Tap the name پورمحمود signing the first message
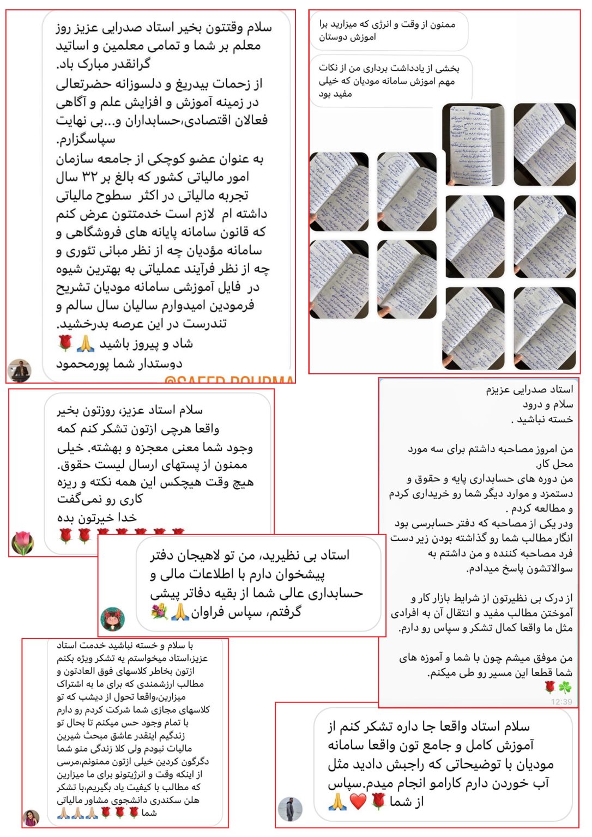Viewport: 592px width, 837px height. pyautogui.click(x=84, y=363)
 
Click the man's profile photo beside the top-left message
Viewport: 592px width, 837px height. pyautogui.click(x=20, y=371)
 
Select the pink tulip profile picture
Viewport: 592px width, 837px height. pyautogui.click(x=23, y=543)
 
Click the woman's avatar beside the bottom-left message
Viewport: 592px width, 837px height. pyautogui.click(x=31, y=817)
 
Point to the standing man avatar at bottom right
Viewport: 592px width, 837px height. pyautogui.click(x=290, y=809)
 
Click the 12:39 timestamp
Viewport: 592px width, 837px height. pyautogui.click(x=561, y=702)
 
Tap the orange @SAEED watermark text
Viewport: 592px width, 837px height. pyautogui.click(x=229, y=380)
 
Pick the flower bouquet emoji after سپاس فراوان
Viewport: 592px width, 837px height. pyautogui.click(x=160, y=612)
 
